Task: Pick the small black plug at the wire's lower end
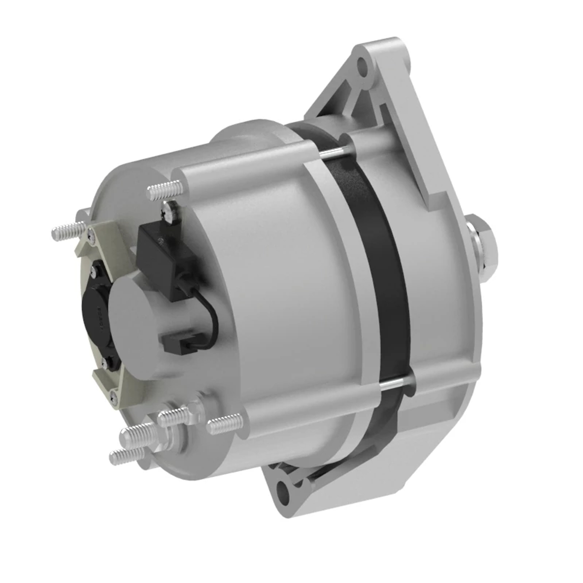pos(176,343)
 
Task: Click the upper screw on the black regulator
pos(95,268)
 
